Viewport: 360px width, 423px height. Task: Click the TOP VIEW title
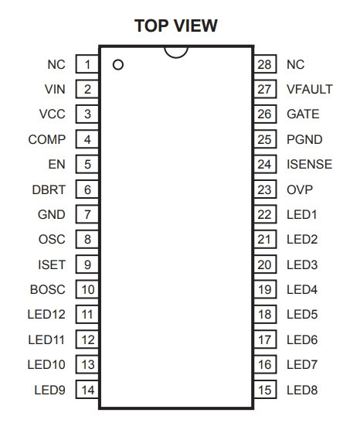click(176, 26)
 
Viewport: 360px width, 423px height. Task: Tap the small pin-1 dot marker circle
click(118, 65)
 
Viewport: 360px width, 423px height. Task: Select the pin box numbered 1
click(87, 64)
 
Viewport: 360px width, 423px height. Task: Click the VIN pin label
click(55, 89)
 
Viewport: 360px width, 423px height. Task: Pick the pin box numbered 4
click(87, 139)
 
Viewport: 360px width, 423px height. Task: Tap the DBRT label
click(49, 189)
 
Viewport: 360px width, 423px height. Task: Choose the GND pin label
click(52, 215)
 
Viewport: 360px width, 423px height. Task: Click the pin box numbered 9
click(87, 264)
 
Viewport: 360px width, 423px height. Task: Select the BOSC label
click(48, 289)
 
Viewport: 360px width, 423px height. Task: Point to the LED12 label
click(46, 314)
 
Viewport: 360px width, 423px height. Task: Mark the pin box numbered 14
click(87, 390)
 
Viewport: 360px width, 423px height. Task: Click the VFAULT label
click(310, 89)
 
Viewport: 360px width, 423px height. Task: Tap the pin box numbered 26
click(265, 114)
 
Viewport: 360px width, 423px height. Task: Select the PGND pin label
click(304, 139)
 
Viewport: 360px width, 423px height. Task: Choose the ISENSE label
click(310, 164)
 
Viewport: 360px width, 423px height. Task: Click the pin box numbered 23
click(265, 189)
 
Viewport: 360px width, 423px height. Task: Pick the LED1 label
click(302, 215)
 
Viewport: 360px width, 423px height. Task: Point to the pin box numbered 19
click(265, 289)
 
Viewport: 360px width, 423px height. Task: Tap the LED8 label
click(302, 390)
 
